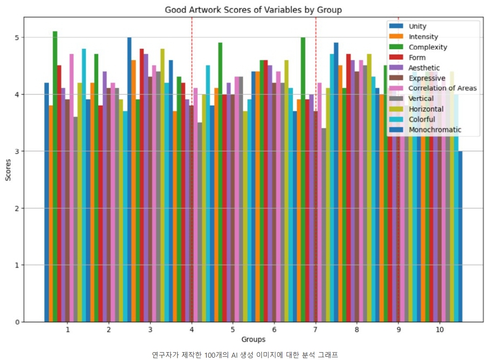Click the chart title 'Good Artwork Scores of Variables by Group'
(253, 10)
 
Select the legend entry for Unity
(417, 26)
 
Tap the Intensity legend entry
(423, 37)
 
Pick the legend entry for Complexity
(428, 47)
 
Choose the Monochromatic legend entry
(435, 130)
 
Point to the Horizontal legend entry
(426, 109)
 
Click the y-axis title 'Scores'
(8, 170)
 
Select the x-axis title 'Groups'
(253, 340)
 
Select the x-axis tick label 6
(274, 330)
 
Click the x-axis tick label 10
(439, 330)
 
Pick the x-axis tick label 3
(150, 330)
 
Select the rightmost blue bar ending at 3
(460, 237)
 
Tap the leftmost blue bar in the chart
(46, 202)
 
